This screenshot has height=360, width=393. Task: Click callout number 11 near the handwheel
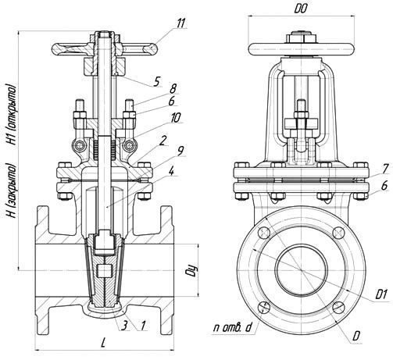[x=180, y=23]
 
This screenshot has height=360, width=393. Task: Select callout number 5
[x=156, y=82]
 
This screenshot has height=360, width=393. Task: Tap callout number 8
[x=173, y=88]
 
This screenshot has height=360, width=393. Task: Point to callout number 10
[x=176, y=118]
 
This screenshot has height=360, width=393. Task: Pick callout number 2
[x=163, y=141]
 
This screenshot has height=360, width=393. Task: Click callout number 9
[x=180, y=151]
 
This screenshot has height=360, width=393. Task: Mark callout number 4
[x=171, y=172]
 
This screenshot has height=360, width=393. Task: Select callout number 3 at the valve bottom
[x=125, y=326]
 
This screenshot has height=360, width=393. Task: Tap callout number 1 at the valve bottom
[x=143, y=326]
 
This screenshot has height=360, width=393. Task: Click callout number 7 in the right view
[x=386, y=169]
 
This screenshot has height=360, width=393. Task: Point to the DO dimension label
[x=301, y=9]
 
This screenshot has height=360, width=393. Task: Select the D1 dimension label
[x=380, y=294]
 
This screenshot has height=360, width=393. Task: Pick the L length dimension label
[x=103, y=343]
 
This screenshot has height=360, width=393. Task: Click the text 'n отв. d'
[x=233, y=328]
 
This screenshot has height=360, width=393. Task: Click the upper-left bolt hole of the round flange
[x=263, y=233]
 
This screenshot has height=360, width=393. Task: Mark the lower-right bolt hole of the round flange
[x=339, y=308]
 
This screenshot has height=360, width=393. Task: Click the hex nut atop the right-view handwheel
[x=302, y=37]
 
